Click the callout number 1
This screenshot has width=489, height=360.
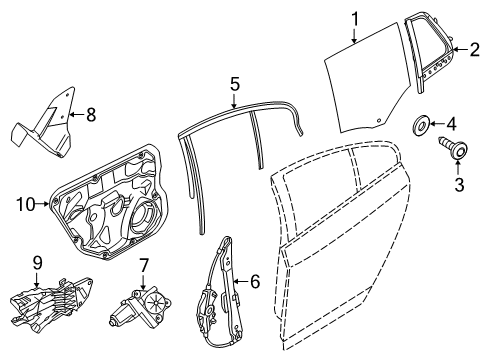(x=355, y=19)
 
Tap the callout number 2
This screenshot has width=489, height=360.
(x=474, y=49)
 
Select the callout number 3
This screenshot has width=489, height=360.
(x=459, y=185)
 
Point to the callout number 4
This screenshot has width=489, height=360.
(x=451, y=124)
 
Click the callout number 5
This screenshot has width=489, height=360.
(x=235, y=84)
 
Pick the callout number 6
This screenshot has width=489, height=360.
(x=255, y=282)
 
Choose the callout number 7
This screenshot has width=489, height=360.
(x=143, y=266)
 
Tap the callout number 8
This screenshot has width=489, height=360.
(x=91, y=114)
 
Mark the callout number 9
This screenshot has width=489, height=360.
(x=37, y=263)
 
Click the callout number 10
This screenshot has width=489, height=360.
(x=26, y=204)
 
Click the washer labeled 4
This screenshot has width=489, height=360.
(x=421, y=126)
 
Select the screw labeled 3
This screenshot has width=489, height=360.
(x=454, y=148)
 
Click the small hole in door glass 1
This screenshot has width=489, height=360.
(x=379, y=120)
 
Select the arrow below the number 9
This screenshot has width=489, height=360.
(x=37, y=279)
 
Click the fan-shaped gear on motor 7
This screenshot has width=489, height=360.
(x=156, y=302)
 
